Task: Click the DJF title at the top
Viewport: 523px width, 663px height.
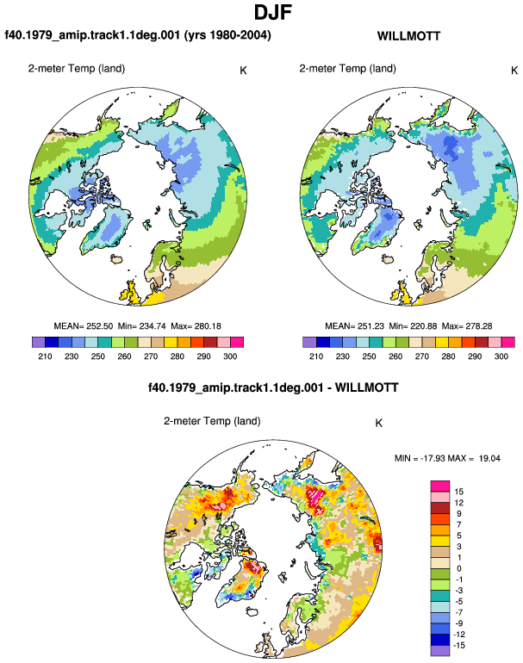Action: pos(272,12)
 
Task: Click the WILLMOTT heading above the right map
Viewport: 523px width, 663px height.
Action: pos(408,36)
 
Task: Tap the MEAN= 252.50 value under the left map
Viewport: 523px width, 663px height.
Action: pos(84,326)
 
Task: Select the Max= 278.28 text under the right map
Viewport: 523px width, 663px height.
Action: pos(467,326)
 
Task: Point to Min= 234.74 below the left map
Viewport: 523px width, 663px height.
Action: pos(142,326)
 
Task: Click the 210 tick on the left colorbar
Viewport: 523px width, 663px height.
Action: pos(45,356)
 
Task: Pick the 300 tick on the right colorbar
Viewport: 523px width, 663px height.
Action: pos(501,356)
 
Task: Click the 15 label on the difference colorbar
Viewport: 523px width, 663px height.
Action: pos(458,492)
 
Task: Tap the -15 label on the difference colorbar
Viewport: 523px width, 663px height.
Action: pos(459,645)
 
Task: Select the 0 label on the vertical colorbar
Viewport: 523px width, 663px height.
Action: pos(458,568)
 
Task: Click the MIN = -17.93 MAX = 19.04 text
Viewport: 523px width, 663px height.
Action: pos(447,458)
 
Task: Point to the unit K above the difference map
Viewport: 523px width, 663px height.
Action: pos(379,423)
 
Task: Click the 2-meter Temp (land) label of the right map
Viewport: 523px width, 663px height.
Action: pos(347,69)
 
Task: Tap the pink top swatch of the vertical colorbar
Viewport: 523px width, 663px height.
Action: pos(440,486)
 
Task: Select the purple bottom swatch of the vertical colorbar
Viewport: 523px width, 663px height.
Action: pos(440,651)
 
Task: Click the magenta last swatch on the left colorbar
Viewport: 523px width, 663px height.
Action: pos(237,342)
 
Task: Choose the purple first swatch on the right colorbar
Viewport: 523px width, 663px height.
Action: pos(309,342)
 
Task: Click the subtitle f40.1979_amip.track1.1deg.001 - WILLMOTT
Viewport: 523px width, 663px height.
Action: pos(273,387)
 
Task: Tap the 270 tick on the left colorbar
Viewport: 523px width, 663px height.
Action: pos(151,356)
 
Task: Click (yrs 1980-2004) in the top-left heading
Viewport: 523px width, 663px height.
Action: pos(227,34)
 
